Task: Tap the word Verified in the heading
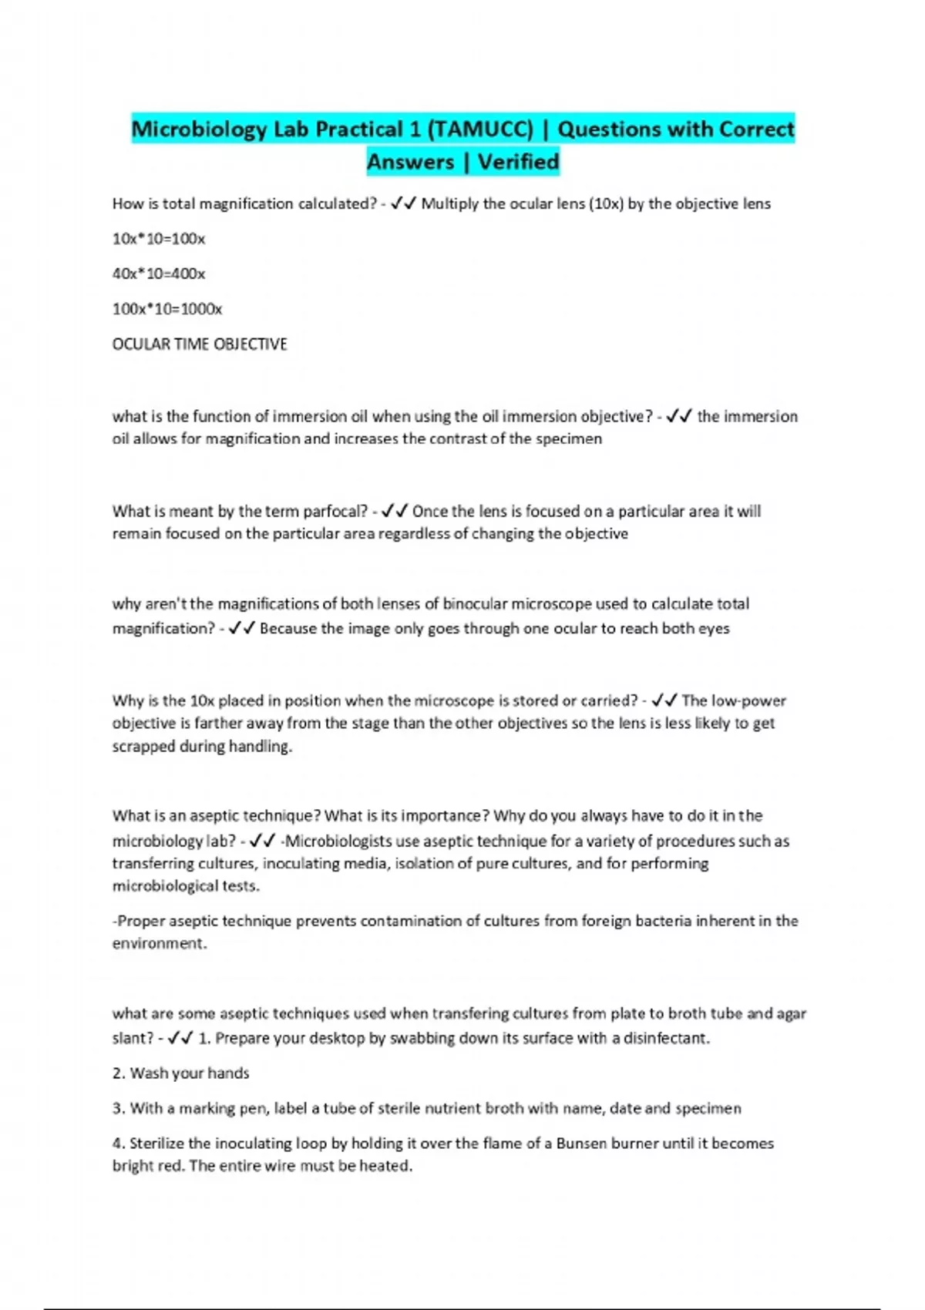point(518,162)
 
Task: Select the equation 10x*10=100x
point(159,239)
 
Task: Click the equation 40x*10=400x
point(159,274)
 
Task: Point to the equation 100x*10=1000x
point(167,309)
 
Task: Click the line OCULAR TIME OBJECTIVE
point(200,344)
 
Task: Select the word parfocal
point(335,511)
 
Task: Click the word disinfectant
point(665,1038)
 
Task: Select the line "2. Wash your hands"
point(180,1073)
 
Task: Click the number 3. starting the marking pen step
point(119,1109)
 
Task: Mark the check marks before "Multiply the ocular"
point(403,203)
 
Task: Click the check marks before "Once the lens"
point(395,511)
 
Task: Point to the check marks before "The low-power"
point(664,700)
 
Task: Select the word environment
point(158,943)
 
